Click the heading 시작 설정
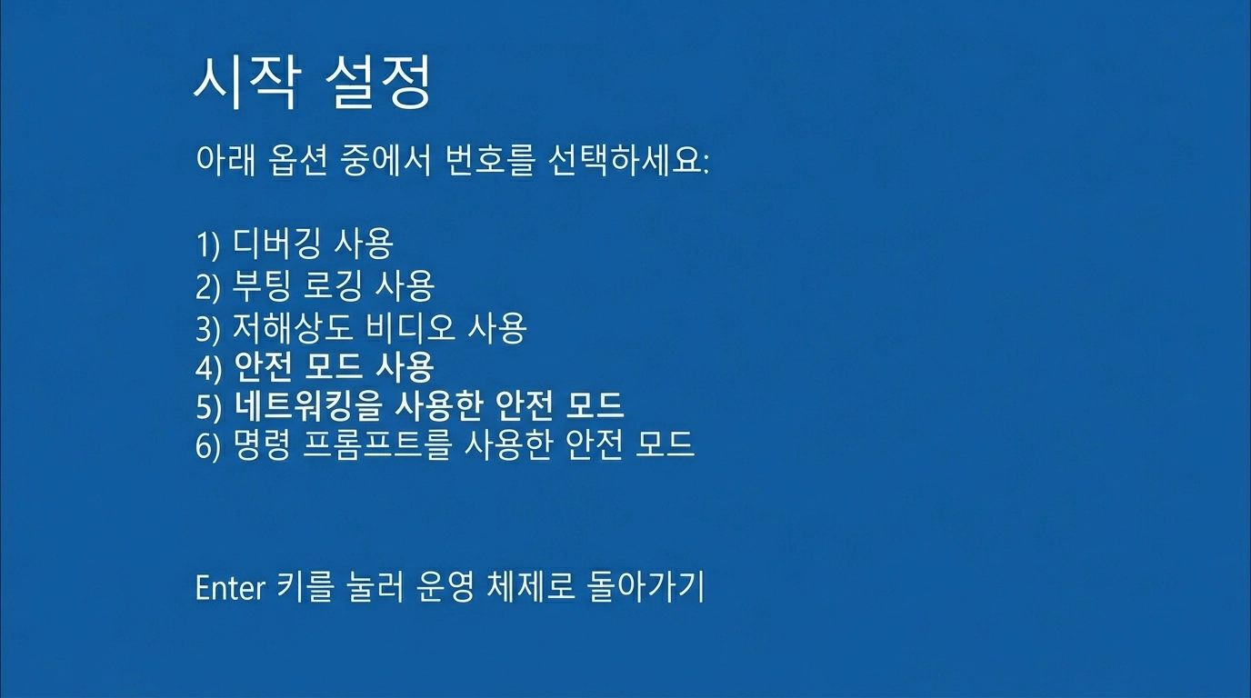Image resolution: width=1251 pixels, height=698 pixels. tap(311, 85)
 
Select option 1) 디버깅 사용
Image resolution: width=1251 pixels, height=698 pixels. tap(294, 244)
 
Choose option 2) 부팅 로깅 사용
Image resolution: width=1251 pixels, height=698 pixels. tap(315, 285)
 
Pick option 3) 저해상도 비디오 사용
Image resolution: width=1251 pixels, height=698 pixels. tap(361, 327)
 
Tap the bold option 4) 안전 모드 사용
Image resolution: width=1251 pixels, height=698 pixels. tap(315, 367)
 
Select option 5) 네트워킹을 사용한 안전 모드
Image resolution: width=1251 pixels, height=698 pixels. tap(409, 406)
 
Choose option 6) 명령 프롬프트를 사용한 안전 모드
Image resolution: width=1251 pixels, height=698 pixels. tap(445, 445)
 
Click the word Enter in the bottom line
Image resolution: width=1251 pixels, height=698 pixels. tap(228, 588)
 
